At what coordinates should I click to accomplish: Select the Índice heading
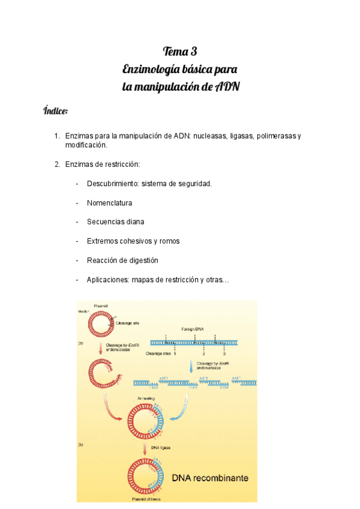pos(56,111)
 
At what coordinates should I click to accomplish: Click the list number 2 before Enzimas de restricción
pos(56,164)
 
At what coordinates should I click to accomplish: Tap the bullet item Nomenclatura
pos(109,203)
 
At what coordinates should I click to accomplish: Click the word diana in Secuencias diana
pos(134,221)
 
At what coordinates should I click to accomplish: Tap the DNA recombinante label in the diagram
pos(211,478)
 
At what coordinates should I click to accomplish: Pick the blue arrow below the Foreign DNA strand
pos(191,366)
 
